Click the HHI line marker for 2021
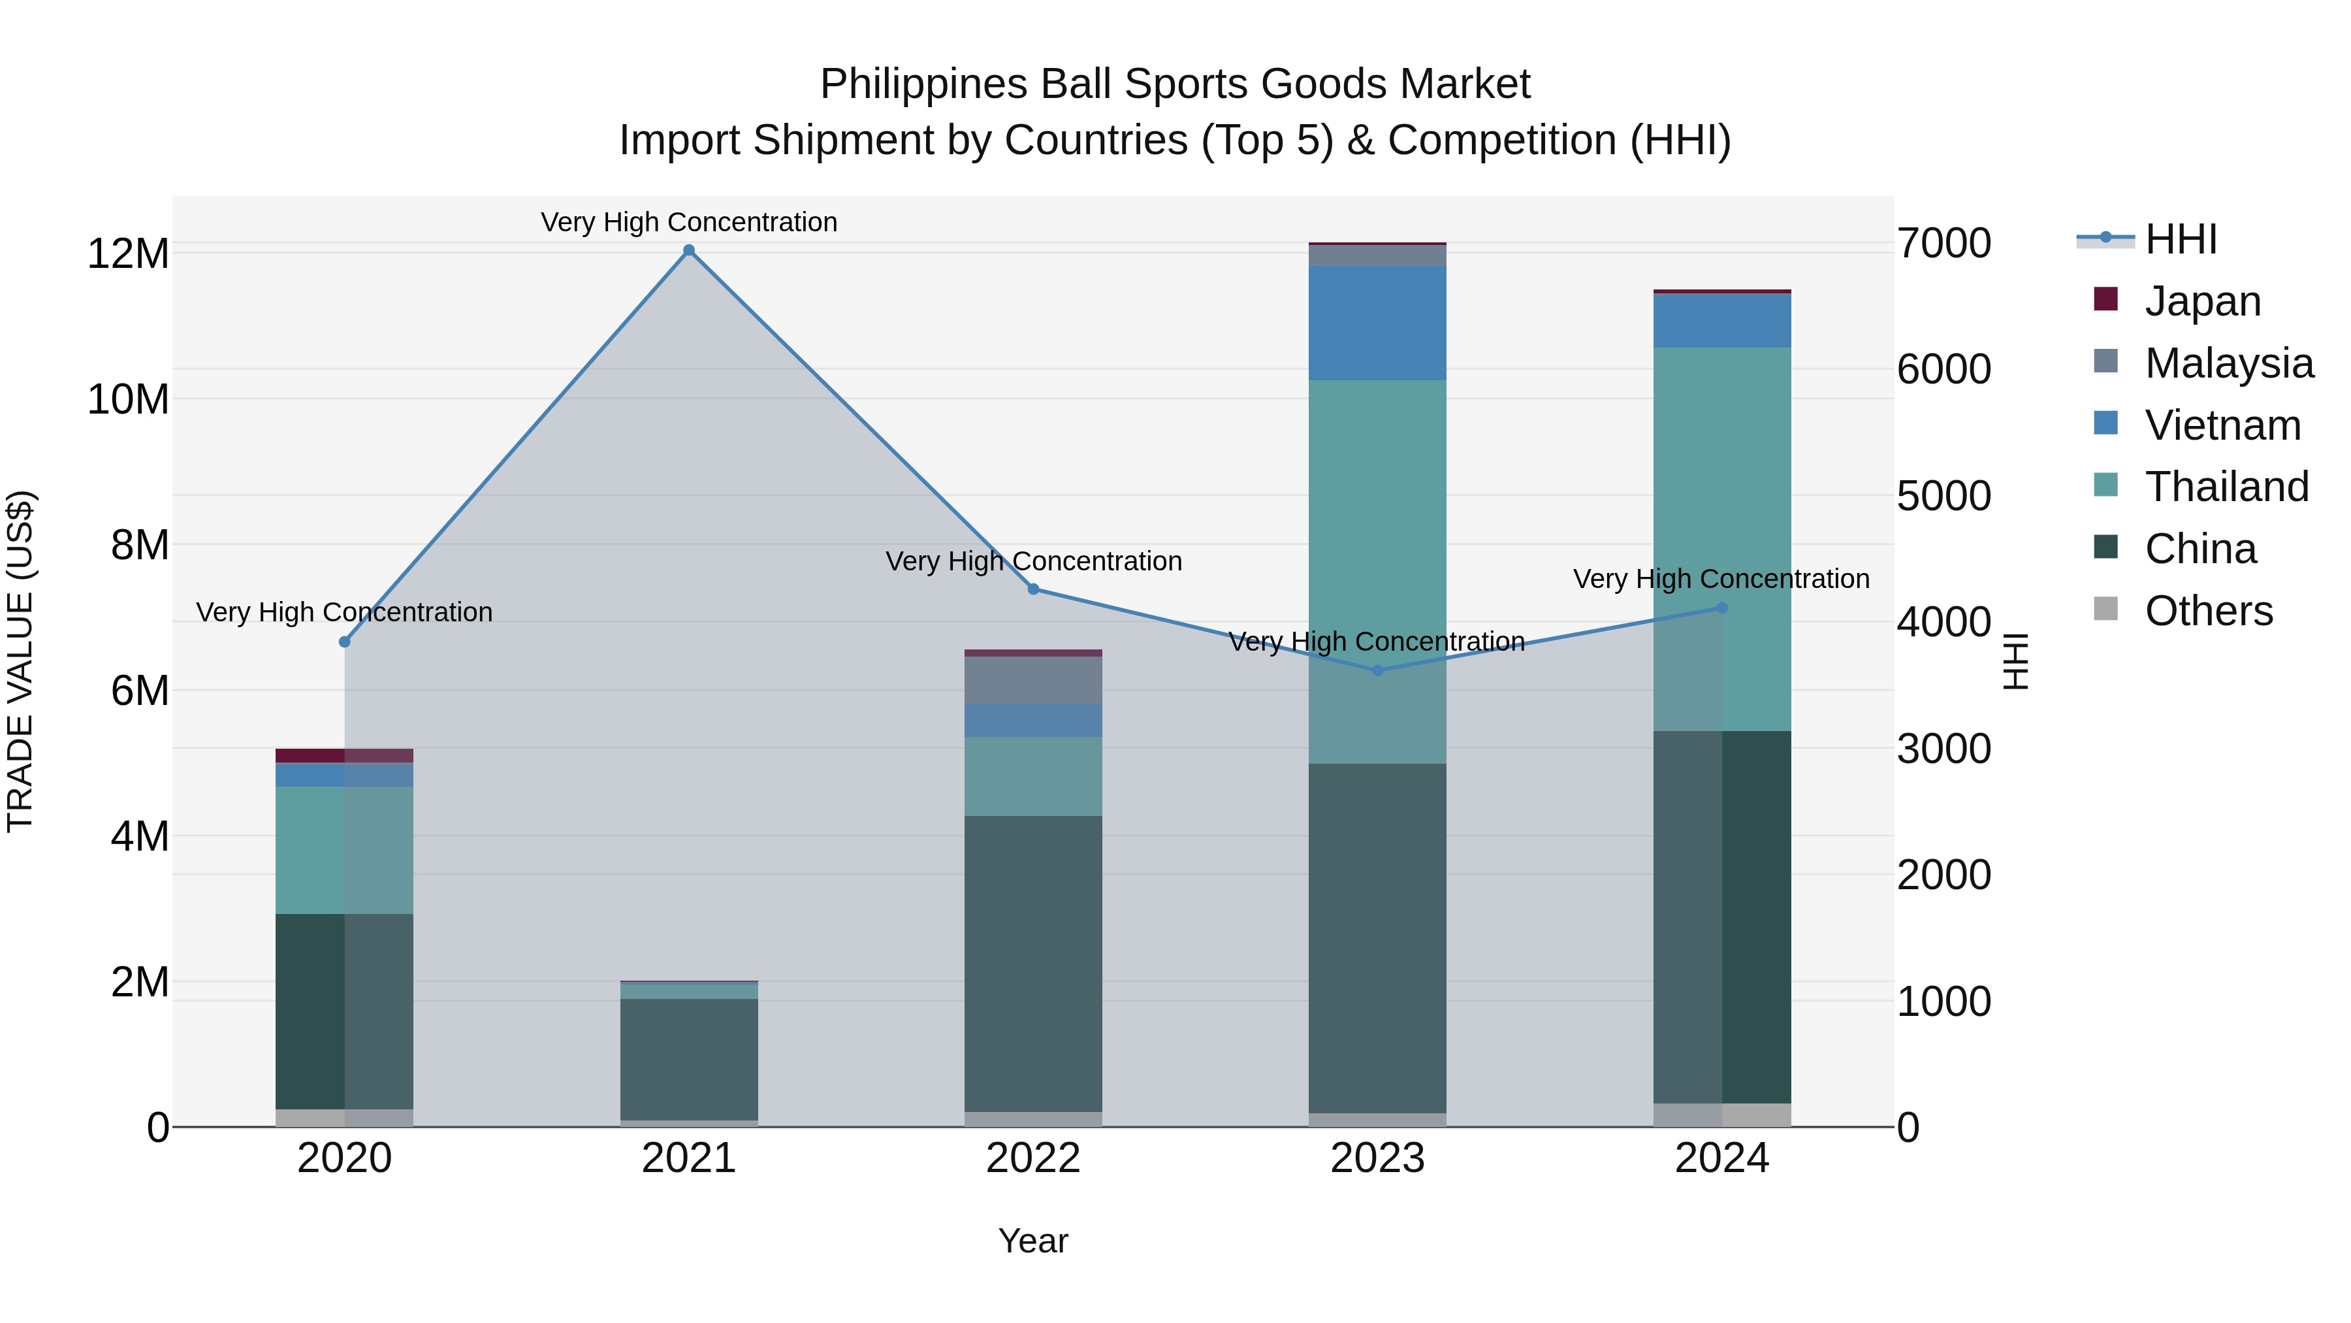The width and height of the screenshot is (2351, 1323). coord(689,250)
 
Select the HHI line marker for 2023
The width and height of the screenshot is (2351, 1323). coord(1378,670)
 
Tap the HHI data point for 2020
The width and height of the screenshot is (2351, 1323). coord(345,642)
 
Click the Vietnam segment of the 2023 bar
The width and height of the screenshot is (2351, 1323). coord(1377,323)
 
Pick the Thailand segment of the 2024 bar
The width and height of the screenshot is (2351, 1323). coord(1722,539)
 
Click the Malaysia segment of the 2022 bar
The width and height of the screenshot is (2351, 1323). coord(1033,680)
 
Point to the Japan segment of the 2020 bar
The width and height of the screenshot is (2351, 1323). coord(344,755)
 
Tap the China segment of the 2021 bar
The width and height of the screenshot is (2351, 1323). coord(689,1059)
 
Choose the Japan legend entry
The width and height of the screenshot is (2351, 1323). coord(2201,301)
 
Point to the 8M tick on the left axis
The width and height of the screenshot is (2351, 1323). coord(140,545)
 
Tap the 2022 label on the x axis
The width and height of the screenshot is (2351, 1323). coord(1033,1158)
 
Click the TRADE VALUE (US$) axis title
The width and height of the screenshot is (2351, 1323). coord(20,661)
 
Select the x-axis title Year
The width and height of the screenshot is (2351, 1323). coord(1033,1241)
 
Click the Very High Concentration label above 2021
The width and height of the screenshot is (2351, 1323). coord(689,222)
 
